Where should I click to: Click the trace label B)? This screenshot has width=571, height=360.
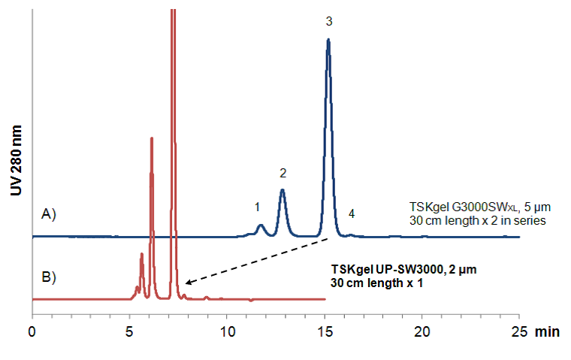coord(49,276)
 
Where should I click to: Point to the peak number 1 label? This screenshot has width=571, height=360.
coord(257,205)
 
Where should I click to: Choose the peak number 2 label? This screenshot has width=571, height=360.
coord(282,173)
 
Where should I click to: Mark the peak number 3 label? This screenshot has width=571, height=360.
coord(328,22)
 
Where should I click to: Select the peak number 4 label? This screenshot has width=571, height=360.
coord(351,214)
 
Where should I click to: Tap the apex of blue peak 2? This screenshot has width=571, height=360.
coord(282,189)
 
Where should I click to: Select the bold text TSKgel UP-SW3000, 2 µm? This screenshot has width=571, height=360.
coord(403,269)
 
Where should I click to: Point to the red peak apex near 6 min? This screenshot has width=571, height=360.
coord(152,138)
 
